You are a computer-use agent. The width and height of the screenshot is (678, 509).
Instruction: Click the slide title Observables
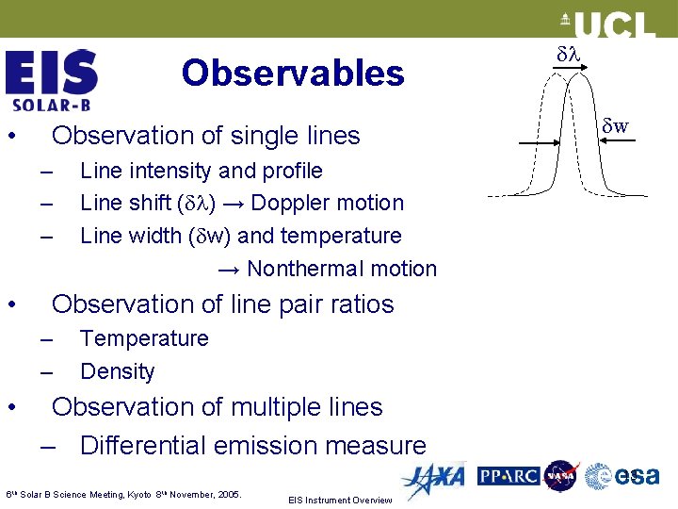293,73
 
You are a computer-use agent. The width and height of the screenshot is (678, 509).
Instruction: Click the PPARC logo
508,477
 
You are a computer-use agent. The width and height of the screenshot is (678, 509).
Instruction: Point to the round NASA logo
562,476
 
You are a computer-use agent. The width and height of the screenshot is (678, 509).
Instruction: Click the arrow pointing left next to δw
593,142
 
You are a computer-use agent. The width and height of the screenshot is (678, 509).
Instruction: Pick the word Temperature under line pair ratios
144,338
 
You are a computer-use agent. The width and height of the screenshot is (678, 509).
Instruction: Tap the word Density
118,371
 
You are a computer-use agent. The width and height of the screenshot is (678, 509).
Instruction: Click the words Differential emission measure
253,445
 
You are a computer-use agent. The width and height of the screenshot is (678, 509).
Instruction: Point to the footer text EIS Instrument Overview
340,500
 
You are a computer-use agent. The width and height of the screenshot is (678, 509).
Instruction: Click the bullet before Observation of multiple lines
11,407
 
